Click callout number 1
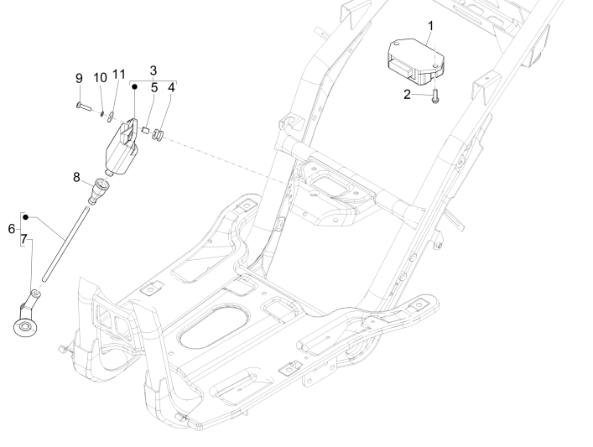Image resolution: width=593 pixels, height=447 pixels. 430,26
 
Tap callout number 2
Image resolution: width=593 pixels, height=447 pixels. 407,94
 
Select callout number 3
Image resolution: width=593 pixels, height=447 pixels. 153,70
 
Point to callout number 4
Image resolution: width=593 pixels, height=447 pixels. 171,88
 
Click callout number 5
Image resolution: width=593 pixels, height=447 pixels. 154,88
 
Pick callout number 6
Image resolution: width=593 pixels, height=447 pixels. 12,229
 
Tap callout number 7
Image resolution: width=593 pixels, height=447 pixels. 23,239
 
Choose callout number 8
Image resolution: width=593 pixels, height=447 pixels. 77,177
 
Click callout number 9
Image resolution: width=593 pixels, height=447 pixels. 79,78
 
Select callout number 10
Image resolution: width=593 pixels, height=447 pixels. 100,78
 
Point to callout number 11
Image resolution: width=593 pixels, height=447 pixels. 119,74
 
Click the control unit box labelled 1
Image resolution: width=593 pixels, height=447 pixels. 415,61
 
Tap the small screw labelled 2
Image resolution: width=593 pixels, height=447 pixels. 435,96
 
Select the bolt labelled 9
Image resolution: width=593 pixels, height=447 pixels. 84,107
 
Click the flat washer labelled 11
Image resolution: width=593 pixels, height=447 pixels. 111,117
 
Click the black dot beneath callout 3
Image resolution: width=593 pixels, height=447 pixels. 134,86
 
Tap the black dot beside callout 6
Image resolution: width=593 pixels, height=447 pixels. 26,217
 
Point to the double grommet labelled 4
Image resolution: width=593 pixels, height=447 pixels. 158,135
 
